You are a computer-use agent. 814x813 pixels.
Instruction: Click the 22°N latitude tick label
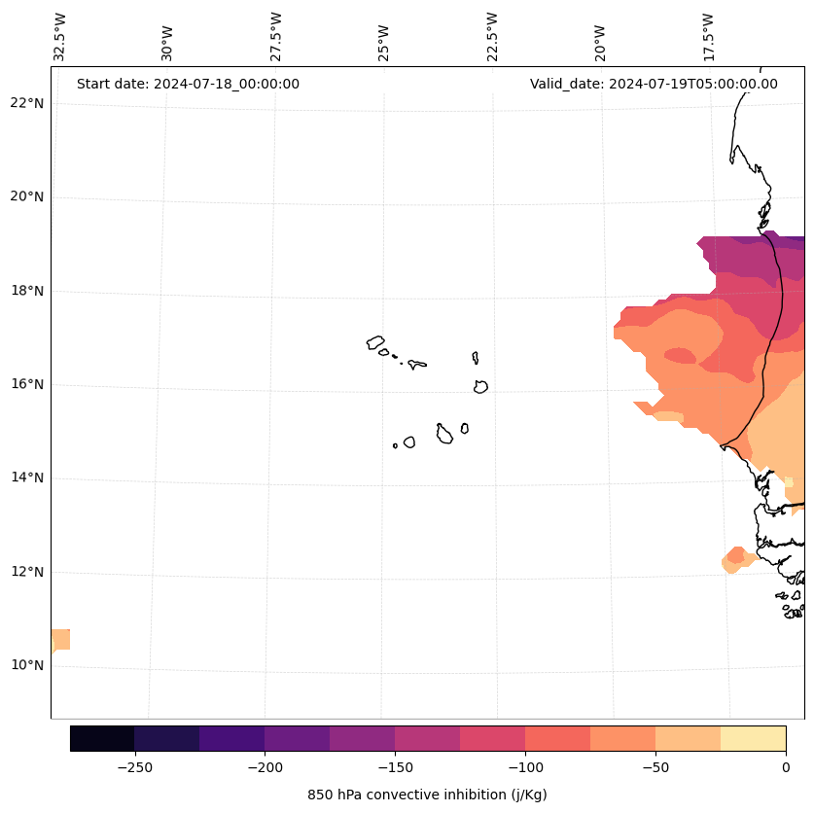point(27,103)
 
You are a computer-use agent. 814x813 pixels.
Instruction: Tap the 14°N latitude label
point(27,477)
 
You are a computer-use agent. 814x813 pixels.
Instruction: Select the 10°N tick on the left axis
point(27,665)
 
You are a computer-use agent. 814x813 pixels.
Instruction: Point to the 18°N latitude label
point(27,291)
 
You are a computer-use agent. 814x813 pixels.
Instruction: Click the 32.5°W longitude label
point(60,37)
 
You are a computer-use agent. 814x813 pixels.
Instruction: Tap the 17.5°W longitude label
point(708,37)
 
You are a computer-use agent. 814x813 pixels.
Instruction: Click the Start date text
point(188,84)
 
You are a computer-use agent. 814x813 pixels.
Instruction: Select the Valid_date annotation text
point(654,84)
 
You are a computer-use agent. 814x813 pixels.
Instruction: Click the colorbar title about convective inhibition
point(427,795)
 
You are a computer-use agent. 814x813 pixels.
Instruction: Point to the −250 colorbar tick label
point(134,767)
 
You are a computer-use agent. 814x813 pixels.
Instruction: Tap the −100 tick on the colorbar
point(525,767)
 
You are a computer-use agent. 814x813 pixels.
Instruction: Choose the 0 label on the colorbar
point(785,767)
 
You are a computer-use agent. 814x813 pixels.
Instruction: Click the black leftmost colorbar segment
point(102,738)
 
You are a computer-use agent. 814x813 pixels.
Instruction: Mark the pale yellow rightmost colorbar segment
point(753,738)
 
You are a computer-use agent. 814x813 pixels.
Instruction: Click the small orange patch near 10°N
point(60,640)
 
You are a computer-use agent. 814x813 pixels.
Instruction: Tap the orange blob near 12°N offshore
point(735,560)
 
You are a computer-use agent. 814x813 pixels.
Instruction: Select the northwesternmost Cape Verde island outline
point(375,342)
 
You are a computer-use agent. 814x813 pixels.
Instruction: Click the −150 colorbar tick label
point(395,767)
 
